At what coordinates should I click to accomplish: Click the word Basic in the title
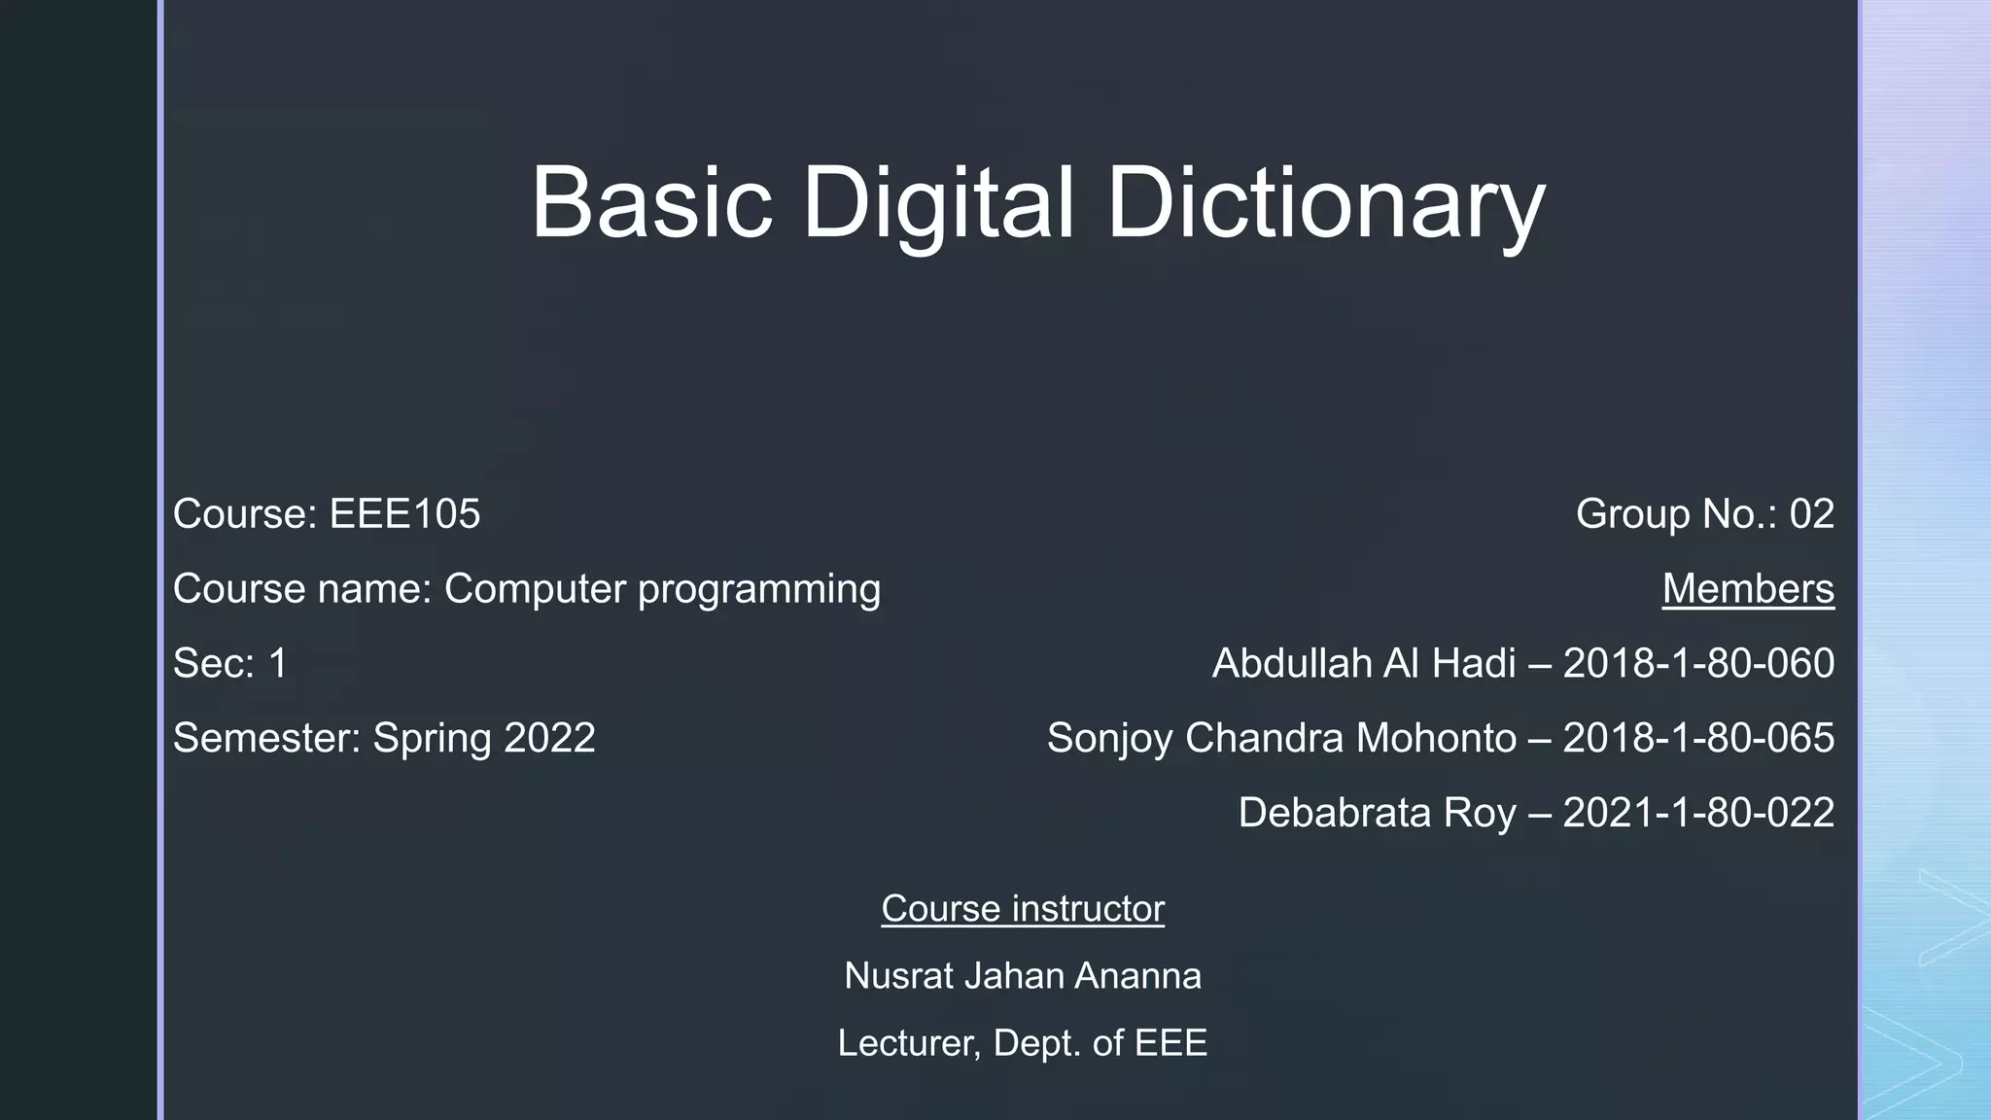[650, 202]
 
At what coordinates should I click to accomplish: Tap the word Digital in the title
[938, 204]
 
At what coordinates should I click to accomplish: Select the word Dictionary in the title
[1325, 204]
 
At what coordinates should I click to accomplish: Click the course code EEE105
[404, 514]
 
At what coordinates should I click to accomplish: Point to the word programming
[759, 590]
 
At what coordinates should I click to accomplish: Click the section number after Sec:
[278, 664]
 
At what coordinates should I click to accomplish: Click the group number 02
[1811, 514]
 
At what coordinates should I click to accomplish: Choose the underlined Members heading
[1748, 589]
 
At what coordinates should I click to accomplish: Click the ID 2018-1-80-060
[1698, 664]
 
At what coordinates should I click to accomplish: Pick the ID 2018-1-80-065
[1698, 738]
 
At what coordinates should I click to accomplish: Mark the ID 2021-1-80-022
[1698, 813]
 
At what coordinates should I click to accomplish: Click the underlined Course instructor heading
[1023, 909]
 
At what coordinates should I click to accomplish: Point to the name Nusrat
[899, 976]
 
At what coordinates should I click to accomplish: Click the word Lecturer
[908, 1044]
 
